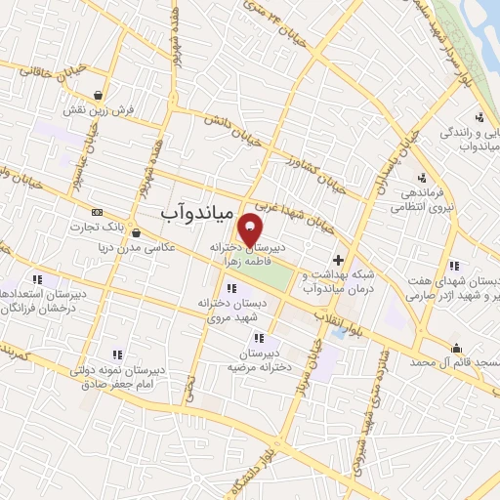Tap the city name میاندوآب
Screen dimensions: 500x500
pyautogui.click(x=196, y=210)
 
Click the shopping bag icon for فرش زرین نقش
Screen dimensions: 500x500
pyautogui.click(x=100, y=95)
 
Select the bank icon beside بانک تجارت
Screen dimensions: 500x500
pyautogui.click(x=97, y=212)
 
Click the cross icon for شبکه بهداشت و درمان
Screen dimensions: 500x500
pyautogui.click(x=338, y=261)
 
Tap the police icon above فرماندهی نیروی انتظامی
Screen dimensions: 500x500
pyautogui.click(x=421, y=178)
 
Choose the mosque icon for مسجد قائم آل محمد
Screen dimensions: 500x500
pyautogui.click(x=456, y=348)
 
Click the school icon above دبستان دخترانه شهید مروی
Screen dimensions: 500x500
pyautogui.click(x=231, y=288)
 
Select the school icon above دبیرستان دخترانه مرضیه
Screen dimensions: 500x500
pyautogui.click(x=259, y=337)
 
